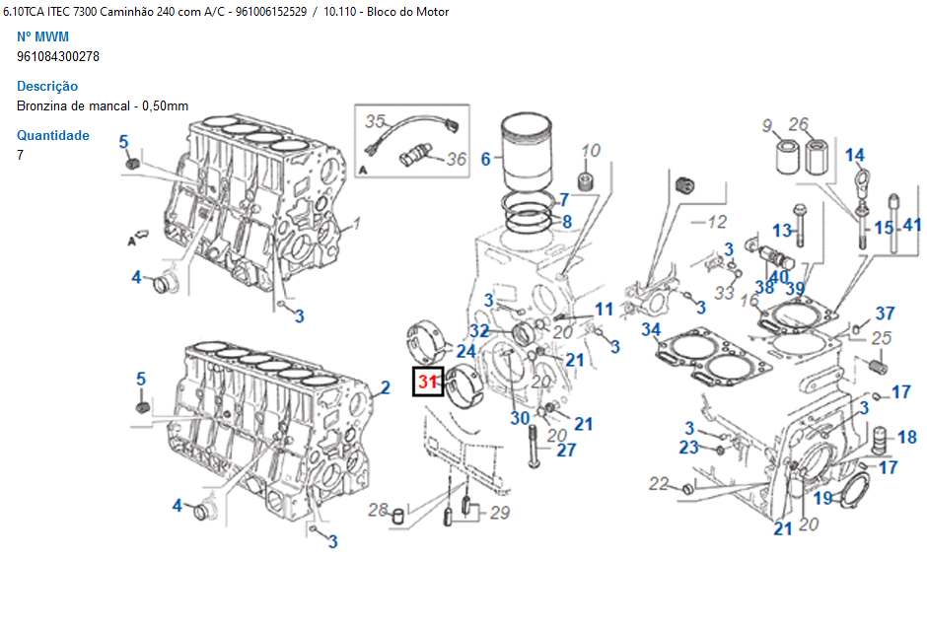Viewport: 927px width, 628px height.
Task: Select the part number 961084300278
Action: pyautogui.click(x=58, y=56)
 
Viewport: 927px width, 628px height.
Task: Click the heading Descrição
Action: pyautogui.click(x=47, y=86)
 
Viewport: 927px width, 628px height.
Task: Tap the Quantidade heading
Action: pyautogui.click(x=53, y=135)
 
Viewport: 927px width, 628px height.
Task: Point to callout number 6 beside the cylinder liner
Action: pyautogui.click(x=485, y=159)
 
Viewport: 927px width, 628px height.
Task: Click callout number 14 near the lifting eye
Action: pyautogui.click(x=854, y=155)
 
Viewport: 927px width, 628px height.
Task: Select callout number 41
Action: pyautogui.click(x=912, y=225)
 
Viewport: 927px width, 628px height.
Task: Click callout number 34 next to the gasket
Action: pyautogui.click(x=651, y=329)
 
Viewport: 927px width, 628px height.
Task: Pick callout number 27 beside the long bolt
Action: pyautogui.click(x=566, y=451)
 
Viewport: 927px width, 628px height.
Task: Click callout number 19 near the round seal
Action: pyautogui.click(x=822, y=498)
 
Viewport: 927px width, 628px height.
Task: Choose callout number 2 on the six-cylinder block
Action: pyautogui.click(x=386, y=388)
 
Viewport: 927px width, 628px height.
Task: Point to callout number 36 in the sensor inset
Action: pyautogui.click(x=457, y=158)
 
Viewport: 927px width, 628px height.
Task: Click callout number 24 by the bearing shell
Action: pyautogui.click(x=465, y=350)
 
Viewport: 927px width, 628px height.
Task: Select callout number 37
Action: pyautogui.click(x=885, y=314)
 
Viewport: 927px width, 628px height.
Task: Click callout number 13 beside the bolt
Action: pyautogui.click(x=782, y=230)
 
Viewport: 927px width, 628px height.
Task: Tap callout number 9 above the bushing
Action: pyautogui.click(x=766, y=125)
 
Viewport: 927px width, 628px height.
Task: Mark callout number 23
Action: pyautogui.click(x=688, y=448)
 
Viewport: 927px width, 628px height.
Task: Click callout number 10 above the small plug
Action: pyautogui.click(x=590, y=150)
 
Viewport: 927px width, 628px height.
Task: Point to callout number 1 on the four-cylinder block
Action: pyautogui.click(x=357, y=224)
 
